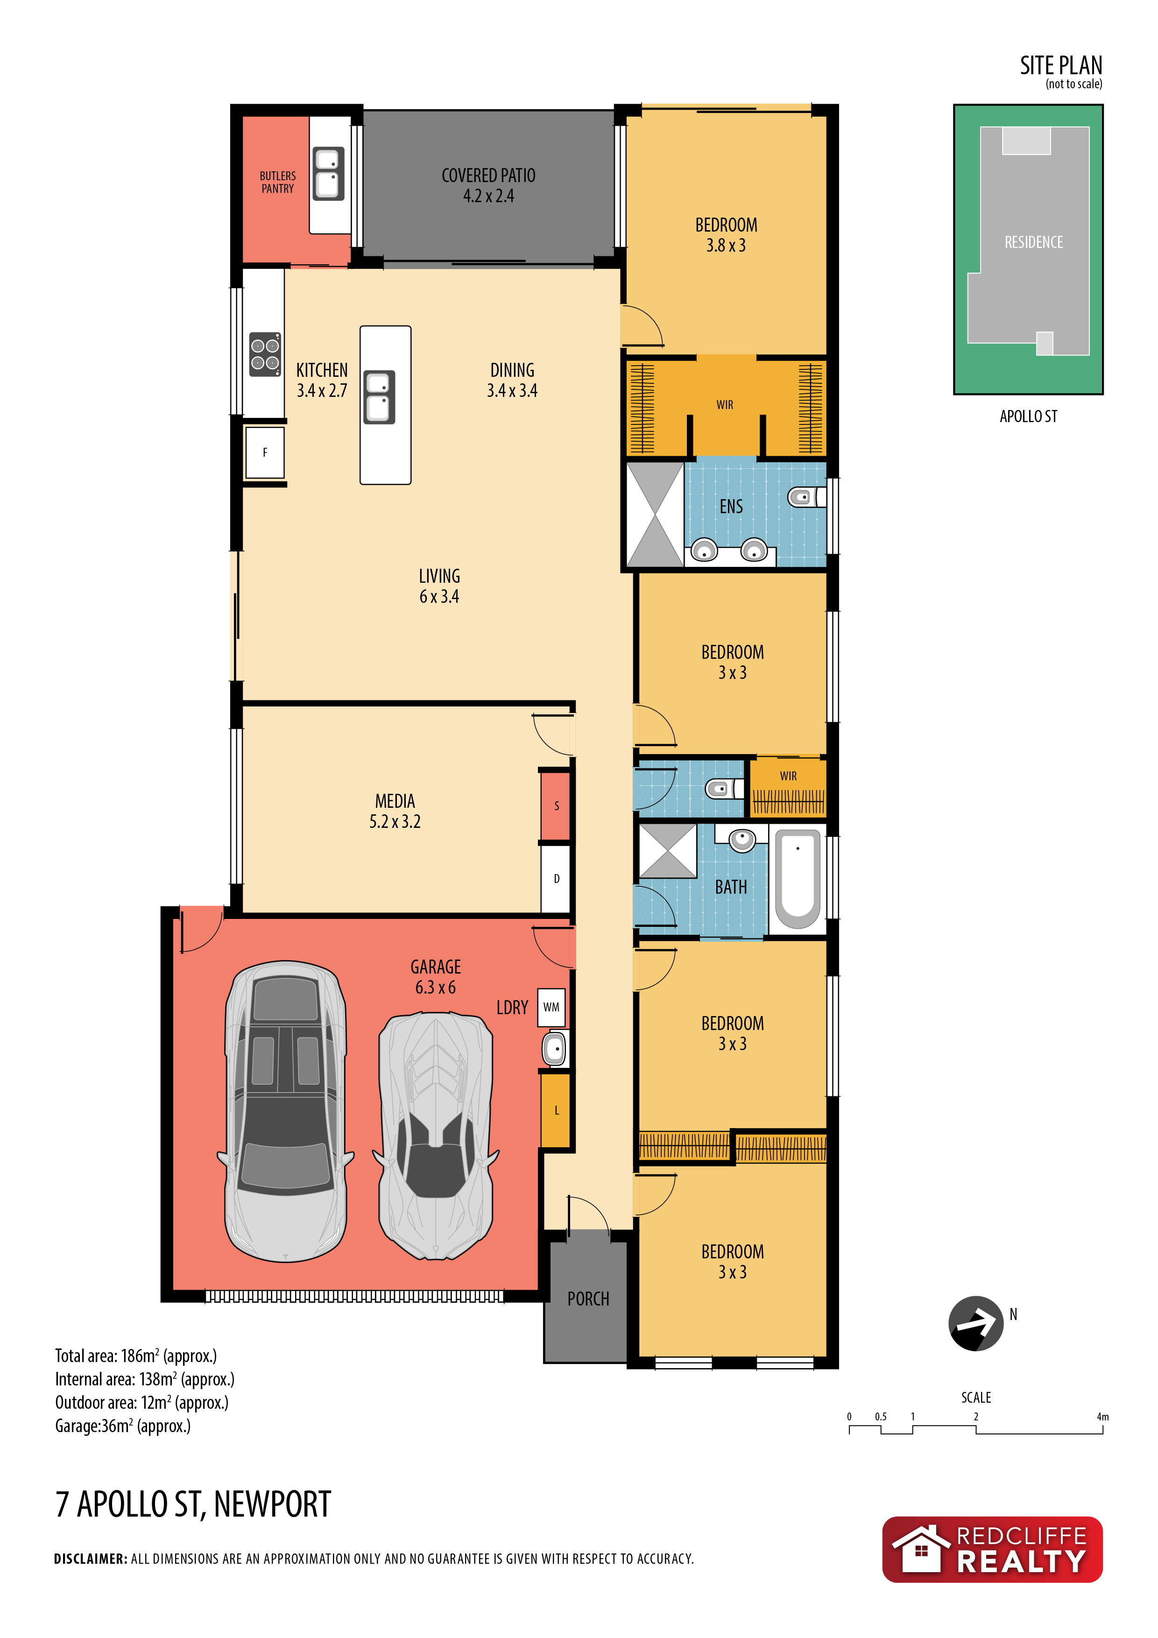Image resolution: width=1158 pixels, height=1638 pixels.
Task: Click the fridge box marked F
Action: pyautogui.click(x=265, y=452)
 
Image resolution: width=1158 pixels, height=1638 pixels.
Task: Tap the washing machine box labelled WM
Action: pyautogui.click(x=551, y=1007)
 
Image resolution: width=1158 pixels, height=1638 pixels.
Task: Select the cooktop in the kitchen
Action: pyautogui.click(x=265, y=354)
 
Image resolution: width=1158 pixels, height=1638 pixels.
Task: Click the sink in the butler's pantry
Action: pyautogui.click(x=329, y=173)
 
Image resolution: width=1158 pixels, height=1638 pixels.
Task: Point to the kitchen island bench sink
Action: pyautogui.click(x=380, y=397)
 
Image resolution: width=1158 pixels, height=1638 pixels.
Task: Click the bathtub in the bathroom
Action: pyautogui.click(x=797, y=880)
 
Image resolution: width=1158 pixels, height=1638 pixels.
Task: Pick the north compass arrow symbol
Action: pyautogui.click(x=975, y=1323)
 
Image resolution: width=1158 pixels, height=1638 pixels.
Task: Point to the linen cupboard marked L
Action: pyautogui.click(x=556, y=1111)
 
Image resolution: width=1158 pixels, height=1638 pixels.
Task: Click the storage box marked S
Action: pyautogui.click(x=556, y=806)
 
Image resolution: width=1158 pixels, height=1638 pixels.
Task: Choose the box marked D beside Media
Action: pyautogui.click(x=556, y=879)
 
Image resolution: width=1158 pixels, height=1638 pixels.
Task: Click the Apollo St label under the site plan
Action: pyautogui.click(x=1028, y=417)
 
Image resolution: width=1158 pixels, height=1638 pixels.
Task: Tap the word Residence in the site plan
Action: pyautogui.click(x=1033, y=242)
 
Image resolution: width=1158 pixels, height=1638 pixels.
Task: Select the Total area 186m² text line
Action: pyautogui.click(x=135, y=1356)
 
